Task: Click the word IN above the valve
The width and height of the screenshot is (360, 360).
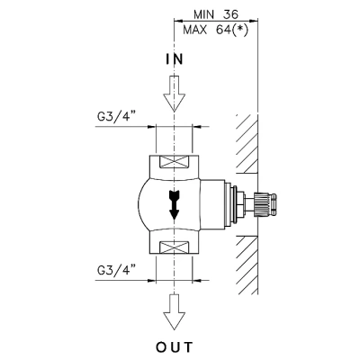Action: (175, 59)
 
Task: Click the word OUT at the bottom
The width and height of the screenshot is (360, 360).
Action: (175, 347)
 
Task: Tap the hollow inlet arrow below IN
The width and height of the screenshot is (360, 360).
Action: (174, 94)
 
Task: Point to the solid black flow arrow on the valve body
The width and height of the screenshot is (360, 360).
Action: (174, 205)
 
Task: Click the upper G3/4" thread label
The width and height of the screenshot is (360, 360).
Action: (115, 117)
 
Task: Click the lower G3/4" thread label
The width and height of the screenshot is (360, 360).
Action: (115, 271)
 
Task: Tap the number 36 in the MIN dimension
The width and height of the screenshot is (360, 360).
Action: (230, 14)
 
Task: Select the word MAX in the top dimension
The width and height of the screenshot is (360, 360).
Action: (195, 30)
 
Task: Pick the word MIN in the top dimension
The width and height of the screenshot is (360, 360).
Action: (205, 14)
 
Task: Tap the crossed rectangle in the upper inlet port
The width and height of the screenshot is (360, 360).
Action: (174, 162)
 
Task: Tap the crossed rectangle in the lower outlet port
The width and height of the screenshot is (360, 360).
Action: (174, 247)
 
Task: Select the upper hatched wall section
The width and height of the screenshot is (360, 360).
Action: (247, 143)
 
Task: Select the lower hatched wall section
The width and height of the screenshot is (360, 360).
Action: (247, 265)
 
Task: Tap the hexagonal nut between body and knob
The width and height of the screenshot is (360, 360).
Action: (240, 205)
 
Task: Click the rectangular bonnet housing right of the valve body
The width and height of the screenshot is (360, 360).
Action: (212, 205)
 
